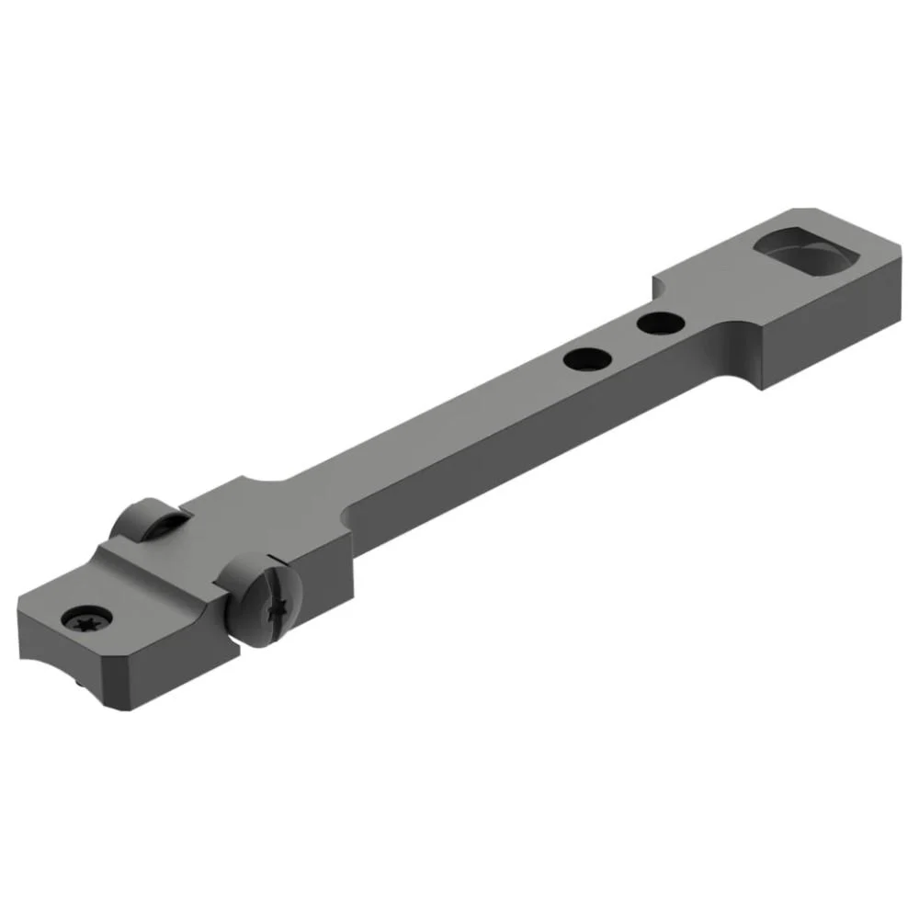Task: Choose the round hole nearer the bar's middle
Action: pyautogui.click(x=585, y=358)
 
